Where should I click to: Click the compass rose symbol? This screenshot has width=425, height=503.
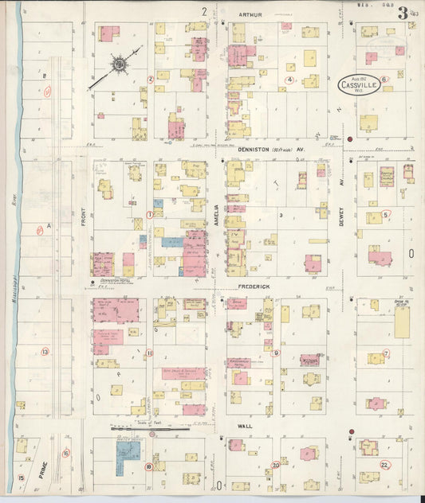(x=119, y=63)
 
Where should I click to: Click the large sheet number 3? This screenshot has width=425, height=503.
(x=404, y=13)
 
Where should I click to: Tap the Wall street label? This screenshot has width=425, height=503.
(x=244, y=427)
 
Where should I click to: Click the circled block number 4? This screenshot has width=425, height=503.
(x=290, y=80)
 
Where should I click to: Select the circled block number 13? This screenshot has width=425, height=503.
(x=45, y=351)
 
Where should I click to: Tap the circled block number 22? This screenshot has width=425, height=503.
(x=384, y=465)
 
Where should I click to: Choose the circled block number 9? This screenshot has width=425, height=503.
(x=276, y=353)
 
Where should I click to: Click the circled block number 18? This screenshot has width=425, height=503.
(x=148, y=467)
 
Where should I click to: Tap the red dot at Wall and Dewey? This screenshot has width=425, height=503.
(x=350, y=432)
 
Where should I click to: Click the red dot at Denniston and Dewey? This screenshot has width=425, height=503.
(x=349, y=140)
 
